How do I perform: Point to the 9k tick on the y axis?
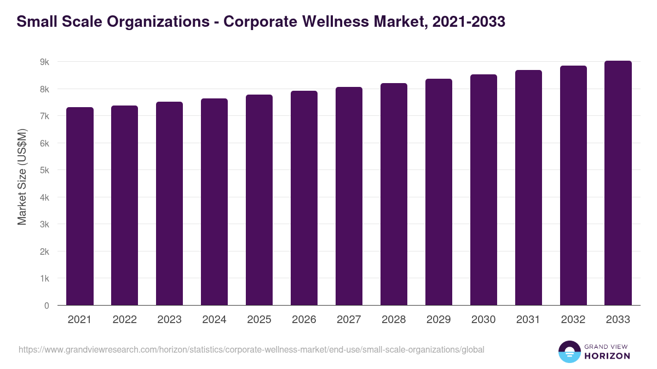(x=44, y=62)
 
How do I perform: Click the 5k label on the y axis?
(x=44, y=171)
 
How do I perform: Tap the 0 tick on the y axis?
(x=47, y=306)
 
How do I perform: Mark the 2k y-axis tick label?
(x=44, y=252)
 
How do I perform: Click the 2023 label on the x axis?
(x=169, y=320)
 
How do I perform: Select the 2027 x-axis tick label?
(x=349, y=320)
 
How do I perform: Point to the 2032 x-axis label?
(x=573, y=320)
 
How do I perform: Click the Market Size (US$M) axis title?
(x=22, y=177)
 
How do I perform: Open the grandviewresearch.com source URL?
(x=251, y=349)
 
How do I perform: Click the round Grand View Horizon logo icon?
(x=569, y=352)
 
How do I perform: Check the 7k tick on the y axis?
(x=44, y=116)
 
